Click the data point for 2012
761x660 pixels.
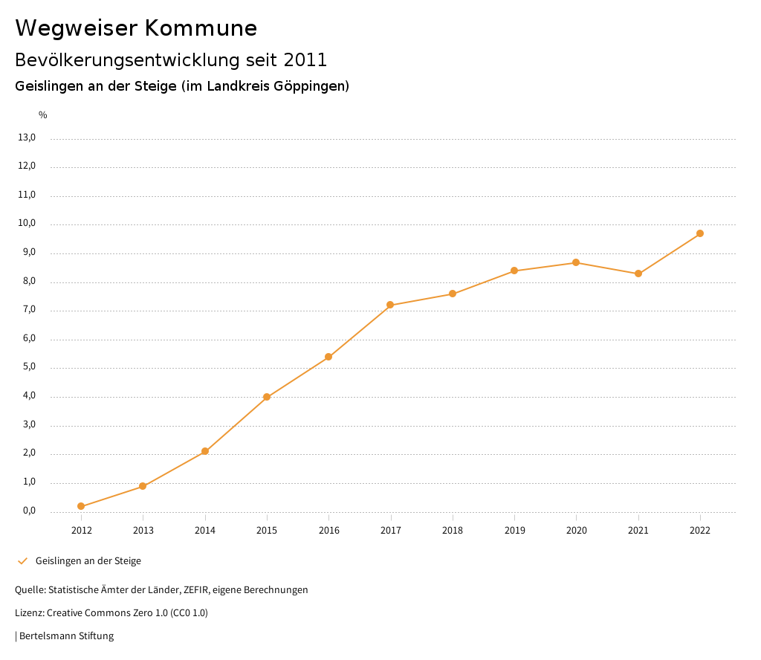tap(81, 507)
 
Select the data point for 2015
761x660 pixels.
tap(267, 397)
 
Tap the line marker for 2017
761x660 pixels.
tap(390, 305)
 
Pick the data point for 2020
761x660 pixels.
tap(576, 262)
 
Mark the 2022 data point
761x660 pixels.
tap(700, 233)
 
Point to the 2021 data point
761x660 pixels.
tap(638, 274)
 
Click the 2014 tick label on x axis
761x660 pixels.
tap(205, 530)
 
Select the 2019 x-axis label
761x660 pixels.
tap(514, 530)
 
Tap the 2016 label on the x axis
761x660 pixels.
tap(328, 530)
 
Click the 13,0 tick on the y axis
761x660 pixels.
tap(27, 137)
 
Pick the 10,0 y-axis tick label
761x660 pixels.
tap(27, 224)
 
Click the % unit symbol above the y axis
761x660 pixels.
tap(43, 115)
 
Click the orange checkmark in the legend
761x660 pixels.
tap(22, 561)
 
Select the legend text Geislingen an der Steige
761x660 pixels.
tap(88, 561)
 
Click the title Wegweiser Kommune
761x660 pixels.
tap(136, 28)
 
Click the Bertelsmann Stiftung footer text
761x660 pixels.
tap(66, 636)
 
